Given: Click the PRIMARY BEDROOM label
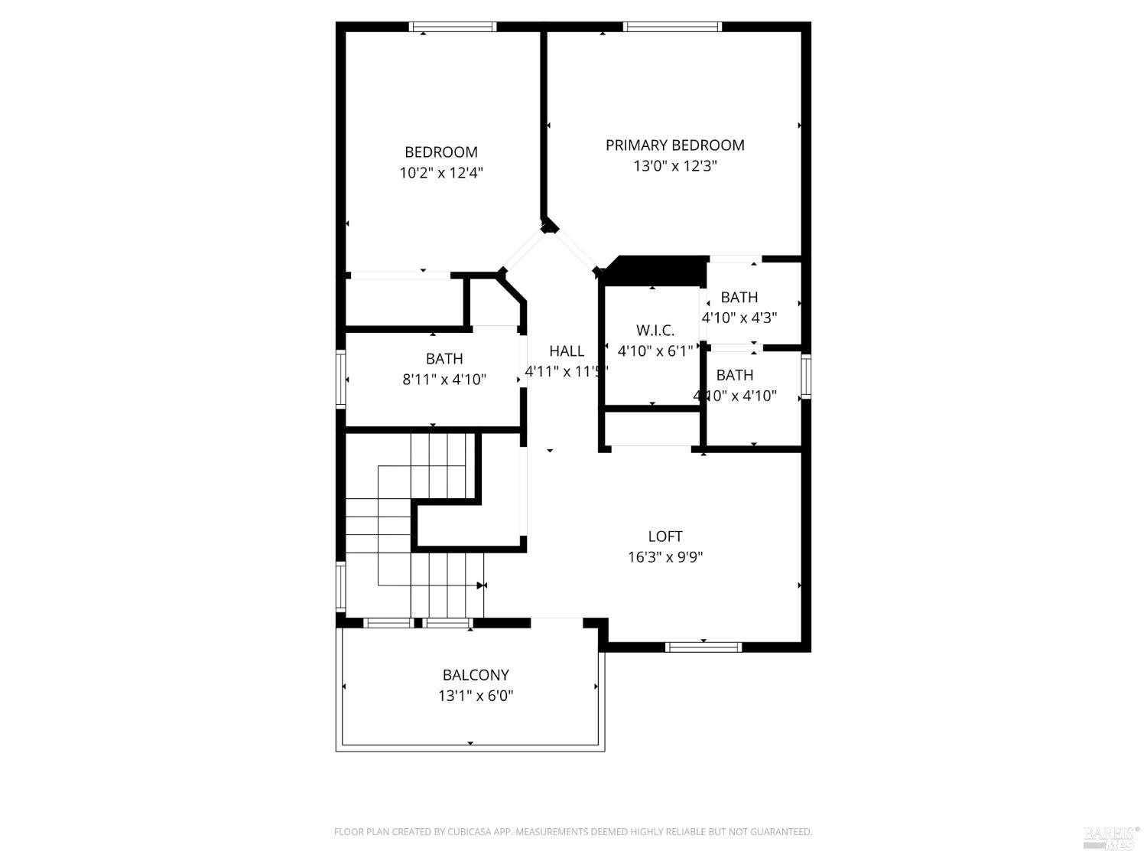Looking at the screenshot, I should tap(674, 145).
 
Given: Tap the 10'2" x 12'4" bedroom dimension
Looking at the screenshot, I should tap(441, 173).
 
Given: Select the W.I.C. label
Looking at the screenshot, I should tap(655, 331).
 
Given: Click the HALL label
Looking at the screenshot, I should tap(567, 351).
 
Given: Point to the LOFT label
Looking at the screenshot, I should tap(665, 536).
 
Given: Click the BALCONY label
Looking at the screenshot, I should tap(476, 675).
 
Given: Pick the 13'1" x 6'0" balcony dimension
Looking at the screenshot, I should tap(476, 696).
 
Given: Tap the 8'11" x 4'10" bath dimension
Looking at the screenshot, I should tap(444, 380).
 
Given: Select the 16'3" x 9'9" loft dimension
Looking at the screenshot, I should tap(665, 557).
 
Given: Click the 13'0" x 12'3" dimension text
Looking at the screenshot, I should tap(674, 166).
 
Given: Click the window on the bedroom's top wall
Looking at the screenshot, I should tap(453, 27).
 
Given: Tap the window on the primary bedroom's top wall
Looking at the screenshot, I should tap(672, 27).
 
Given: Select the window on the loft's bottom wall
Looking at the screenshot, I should tap(703, 647).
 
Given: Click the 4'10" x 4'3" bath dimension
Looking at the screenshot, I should tap(739, 318).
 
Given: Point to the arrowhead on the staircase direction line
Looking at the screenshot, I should tap(482, 585).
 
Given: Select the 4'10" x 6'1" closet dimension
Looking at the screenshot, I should tap(655, 351).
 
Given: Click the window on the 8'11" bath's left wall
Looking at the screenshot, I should tap(341, 377).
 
